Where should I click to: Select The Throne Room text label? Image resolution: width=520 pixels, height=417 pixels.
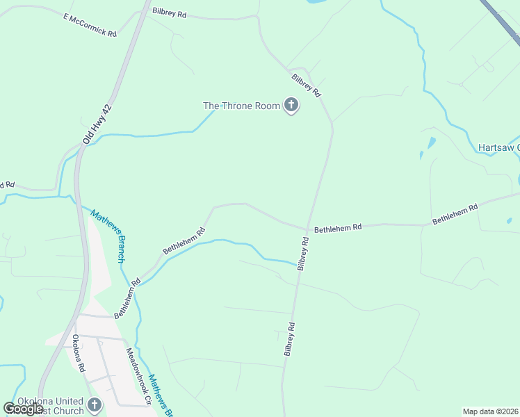point(241,106)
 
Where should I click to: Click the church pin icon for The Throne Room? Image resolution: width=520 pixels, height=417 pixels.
point(291,106)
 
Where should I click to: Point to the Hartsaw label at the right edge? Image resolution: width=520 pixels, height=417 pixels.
point(498,147)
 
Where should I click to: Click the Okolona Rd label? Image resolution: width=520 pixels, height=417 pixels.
point(78,353)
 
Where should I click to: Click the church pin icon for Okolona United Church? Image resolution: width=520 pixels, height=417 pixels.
point(95,404)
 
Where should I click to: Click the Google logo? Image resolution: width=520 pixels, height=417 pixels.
point(23,409)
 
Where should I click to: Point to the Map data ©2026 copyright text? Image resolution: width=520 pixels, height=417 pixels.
point(490,411)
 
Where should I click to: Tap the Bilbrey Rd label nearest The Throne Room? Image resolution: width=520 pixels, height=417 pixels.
point(306,85)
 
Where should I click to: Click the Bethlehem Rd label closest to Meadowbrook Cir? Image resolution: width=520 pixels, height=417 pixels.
point(127,298)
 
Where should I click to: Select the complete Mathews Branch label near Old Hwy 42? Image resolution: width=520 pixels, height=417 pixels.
point(108,236)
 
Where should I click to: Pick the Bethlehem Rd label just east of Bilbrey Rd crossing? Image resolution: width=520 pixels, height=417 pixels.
point(339,227)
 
